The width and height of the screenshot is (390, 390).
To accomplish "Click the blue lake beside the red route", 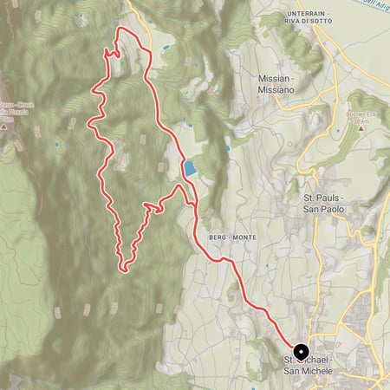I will point(189,168).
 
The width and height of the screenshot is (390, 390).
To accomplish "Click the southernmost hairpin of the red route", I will point(126,268).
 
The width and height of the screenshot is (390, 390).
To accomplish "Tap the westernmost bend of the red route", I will point(88,126).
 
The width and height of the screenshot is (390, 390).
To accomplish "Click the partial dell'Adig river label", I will point(374,4).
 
